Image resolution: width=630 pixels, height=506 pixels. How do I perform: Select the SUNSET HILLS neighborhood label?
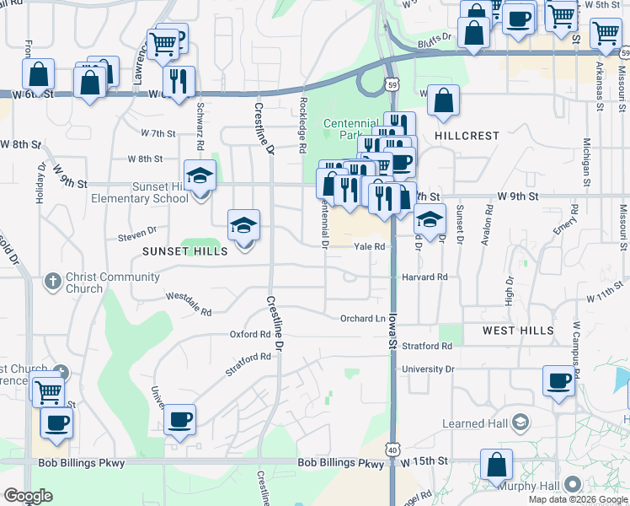[x=184, y=251]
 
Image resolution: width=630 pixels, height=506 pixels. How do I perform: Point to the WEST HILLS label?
[x=518, y=331]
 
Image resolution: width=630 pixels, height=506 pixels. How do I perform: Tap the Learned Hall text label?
[x=476, y=423]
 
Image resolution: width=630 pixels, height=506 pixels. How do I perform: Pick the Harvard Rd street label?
[x=424, y=277]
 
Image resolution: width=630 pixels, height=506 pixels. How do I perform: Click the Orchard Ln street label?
[x=362, y=319]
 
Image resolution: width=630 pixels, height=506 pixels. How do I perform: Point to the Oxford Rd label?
[x=249, y=334]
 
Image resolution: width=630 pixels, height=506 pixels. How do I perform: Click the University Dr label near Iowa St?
[x=428, y=369]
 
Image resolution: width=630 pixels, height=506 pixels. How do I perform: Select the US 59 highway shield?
[x=392, y=84]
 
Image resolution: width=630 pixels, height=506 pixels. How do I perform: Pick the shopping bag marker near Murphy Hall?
[x=497, y=464]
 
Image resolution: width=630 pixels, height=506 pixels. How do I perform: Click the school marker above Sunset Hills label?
[x=244, y=225]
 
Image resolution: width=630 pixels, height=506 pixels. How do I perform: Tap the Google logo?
[x=28, y=496]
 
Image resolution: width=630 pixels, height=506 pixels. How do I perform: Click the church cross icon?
[x=52, y=281]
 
